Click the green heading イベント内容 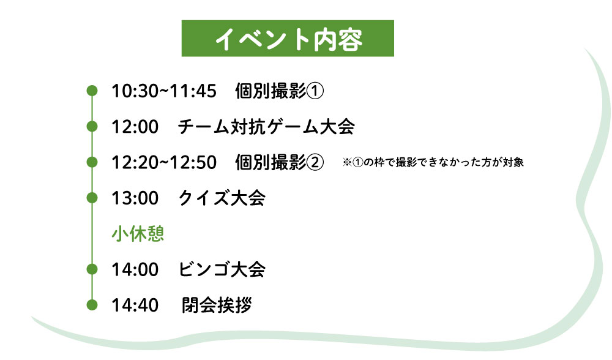pos(288,39)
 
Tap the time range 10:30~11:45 pos(164,91)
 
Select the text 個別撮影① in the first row pos(280,91)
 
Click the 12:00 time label pos(135,127)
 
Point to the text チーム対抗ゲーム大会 pos(266,127)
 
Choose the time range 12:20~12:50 pos(164,162)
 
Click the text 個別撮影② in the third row pos(280,162)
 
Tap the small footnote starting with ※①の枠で pos(433,162)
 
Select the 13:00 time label pos(135,198)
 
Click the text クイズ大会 pos(222,198)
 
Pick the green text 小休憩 pos(138,233)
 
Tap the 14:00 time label pos(135,269)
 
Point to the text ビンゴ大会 pos(222,269)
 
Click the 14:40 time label pos(135,305)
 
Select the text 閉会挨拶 pos(217,305)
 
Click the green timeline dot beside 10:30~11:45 pos(92,91)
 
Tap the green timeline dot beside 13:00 pos(92,198)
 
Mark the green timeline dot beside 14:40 pos(92,304)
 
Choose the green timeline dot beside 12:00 pos(92,126)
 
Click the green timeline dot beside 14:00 pos(92,269)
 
